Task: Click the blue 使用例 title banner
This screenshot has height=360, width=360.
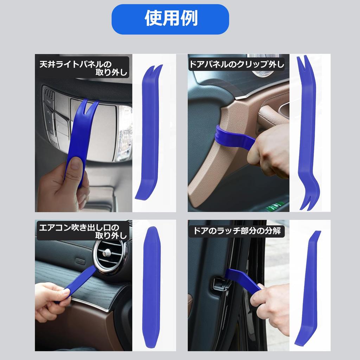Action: click(x=170, y=19)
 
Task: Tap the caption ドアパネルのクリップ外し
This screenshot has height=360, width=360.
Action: click(x=237, y=64)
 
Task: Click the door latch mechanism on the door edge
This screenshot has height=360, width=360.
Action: click(x=220, y=283)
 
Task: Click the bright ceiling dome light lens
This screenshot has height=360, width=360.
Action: click(x=124, y=134)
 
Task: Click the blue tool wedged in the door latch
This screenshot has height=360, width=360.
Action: click(x=244, y=279)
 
